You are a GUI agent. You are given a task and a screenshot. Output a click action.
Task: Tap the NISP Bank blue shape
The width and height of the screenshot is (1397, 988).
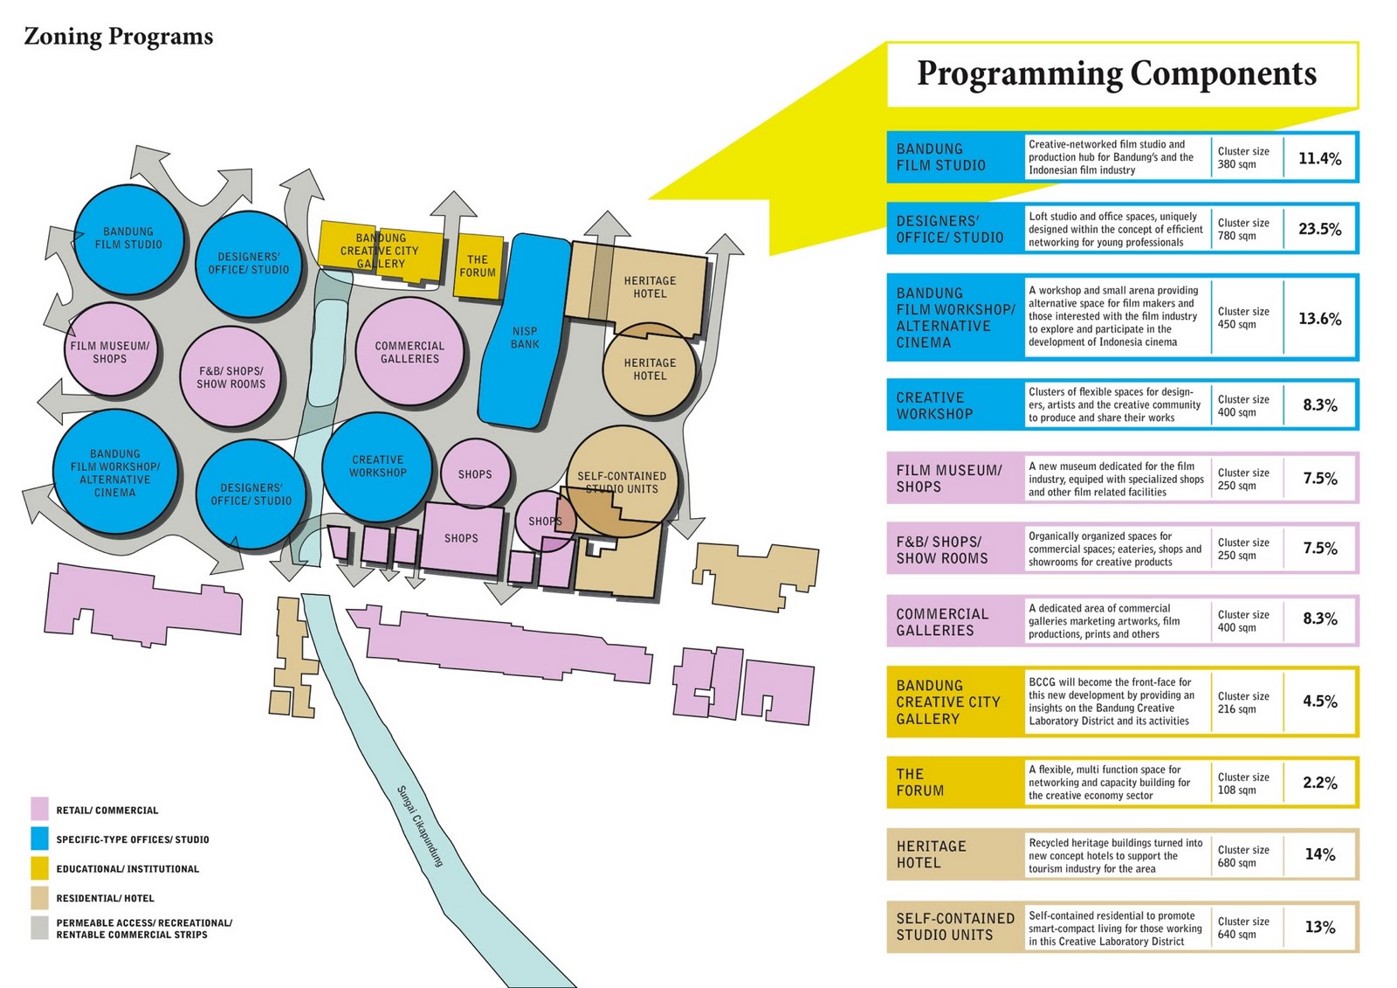tap(525, 337)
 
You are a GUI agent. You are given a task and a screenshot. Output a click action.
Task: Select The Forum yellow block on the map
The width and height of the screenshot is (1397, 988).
tap(478, 266)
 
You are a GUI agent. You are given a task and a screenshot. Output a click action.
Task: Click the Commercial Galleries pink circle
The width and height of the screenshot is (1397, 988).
tap(409, 352)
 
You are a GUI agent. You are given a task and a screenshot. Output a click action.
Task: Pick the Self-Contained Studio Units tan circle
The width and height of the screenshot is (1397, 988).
tap(622, 482)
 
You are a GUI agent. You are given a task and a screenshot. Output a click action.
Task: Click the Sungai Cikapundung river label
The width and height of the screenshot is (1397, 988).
tap(420, 826)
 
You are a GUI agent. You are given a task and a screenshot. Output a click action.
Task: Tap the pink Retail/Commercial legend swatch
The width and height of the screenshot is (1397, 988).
tap(39, 808)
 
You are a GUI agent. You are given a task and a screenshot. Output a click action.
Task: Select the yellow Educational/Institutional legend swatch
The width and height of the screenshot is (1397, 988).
tap(39, 868)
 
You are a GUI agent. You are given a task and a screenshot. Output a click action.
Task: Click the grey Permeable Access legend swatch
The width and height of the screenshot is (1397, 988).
tap(39, 927)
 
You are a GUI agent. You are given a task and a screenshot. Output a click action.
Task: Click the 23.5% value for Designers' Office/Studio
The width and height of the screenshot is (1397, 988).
tap(1319, 229)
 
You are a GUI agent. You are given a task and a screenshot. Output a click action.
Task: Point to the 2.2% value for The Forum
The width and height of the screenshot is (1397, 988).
tap(1319, 783)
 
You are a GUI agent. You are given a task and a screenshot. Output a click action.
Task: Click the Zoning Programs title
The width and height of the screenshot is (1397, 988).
tap(119, 37)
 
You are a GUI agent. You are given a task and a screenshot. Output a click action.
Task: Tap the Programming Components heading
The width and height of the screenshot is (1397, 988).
tap(1116, 73)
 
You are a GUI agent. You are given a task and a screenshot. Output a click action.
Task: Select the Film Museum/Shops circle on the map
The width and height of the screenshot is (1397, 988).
tap(110, 352)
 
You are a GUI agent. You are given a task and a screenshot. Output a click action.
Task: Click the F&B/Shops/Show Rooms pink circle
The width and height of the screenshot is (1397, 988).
tap(231, 377)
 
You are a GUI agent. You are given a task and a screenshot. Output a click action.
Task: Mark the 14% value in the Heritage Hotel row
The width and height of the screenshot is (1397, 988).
tap(1319, 854)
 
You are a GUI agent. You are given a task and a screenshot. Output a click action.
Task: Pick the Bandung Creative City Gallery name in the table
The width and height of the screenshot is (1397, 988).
tap(948, 702)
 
